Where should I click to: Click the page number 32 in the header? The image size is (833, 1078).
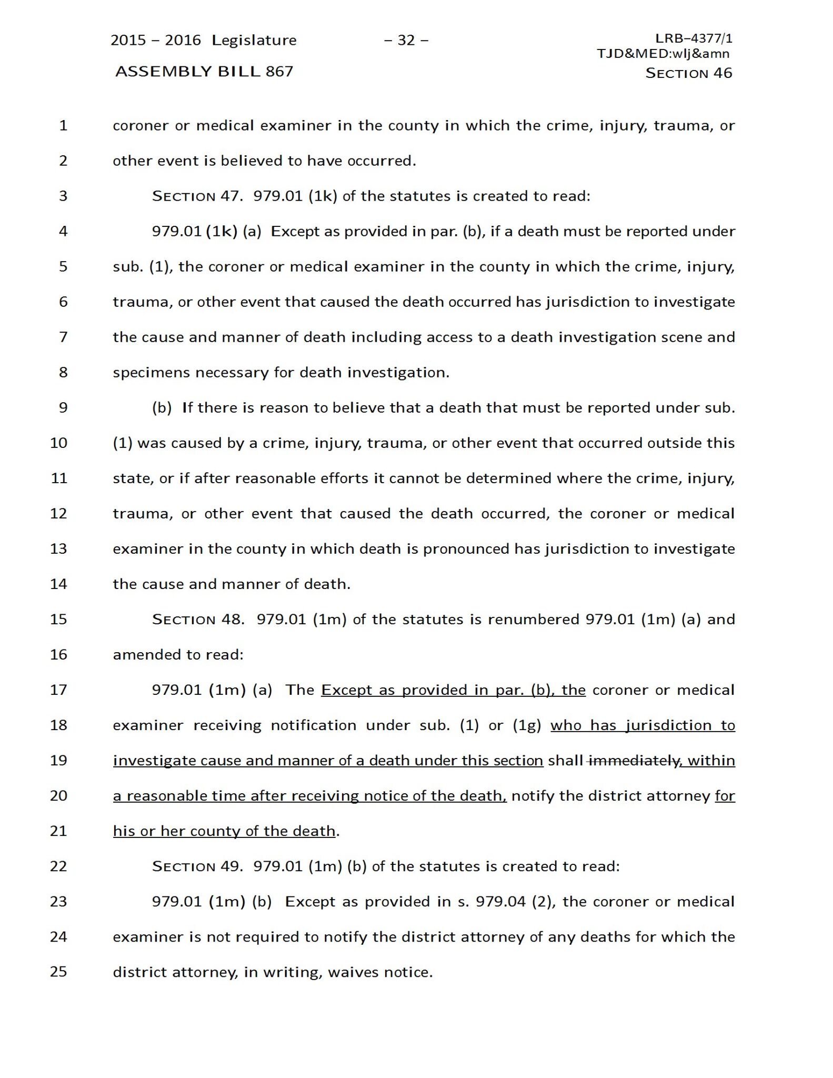point(406,41)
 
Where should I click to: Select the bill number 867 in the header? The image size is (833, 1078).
point(279,72)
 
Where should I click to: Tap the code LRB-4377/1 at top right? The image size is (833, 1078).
point(694,38)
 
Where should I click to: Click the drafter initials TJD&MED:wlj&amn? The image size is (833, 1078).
point(663,53)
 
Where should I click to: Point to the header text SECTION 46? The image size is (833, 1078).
point(688,73)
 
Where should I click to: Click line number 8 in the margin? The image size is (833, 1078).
point(63,373)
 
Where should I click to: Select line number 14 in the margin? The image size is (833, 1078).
point(59,584)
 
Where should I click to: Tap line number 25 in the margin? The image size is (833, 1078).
point(59,972)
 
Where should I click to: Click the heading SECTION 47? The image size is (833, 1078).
point(197,196)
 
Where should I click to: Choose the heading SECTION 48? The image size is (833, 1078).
point(198,620)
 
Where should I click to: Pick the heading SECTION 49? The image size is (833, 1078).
point(197,866)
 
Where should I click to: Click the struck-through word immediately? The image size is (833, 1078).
point(633,761)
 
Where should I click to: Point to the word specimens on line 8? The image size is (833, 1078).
point(151,373)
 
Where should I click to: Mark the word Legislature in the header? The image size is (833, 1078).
point(254,41)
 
